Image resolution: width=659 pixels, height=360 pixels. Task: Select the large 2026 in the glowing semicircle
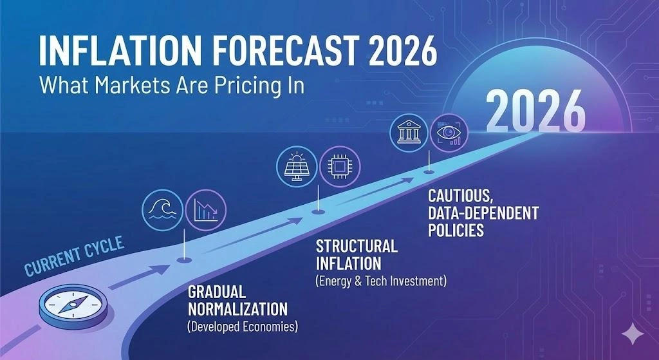click(x=535, y=111)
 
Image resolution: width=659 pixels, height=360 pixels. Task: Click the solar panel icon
click(x=296, y=167)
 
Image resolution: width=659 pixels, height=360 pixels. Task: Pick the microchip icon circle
click(x=340, y=167)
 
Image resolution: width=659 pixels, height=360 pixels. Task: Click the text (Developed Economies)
click(x=243, y=327)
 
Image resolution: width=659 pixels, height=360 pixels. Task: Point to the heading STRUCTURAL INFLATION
click(x=357, y=254)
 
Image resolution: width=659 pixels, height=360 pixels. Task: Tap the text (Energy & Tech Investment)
click(x=381, y=281)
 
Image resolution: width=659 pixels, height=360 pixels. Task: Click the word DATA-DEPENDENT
click(x=483, y=212)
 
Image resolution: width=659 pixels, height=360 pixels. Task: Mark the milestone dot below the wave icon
click(x=184, y=261)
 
